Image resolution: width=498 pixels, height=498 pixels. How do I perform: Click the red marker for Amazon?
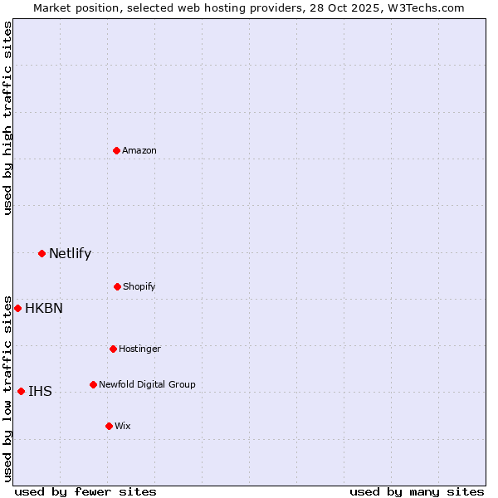click(116, 150)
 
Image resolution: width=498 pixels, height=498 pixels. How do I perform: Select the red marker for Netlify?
click(41, 253)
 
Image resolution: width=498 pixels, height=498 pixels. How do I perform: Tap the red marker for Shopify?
click(117, 286)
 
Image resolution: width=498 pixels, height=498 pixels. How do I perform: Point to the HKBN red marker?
click(17, 308)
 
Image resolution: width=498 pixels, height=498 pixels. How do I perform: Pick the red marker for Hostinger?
click(113, 349)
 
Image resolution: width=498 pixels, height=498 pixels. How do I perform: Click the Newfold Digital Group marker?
click(93, 384)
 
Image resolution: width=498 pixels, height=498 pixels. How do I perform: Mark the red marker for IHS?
click(21, 391)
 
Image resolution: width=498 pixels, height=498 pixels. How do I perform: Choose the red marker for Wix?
click(109, 426)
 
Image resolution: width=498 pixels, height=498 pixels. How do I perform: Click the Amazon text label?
click(139, 150)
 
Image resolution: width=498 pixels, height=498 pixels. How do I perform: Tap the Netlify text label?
click(70, 254)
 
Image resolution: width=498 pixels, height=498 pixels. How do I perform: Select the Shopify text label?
click(139, 286)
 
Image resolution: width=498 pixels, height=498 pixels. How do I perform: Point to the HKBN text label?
click(44, 309)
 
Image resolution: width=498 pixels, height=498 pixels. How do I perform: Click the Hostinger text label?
click(139, 349)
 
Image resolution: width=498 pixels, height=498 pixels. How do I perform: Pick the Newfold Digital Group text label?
click(147, 384)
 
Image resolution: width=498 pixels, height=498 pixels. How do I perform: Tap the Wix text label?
click(123, 426)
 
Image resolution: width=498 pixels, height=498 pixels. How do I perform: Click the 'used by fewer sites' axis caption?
click(85, 491)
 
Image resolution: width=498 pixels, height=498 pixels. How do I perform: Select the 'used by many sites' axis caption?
click(417, 491)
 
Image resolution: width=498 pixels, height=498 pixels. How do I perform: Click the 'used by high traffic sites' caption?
click(7, 118)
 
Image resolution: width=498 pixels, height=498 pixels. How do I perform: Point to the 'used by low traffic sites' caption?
click(7, 388)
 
